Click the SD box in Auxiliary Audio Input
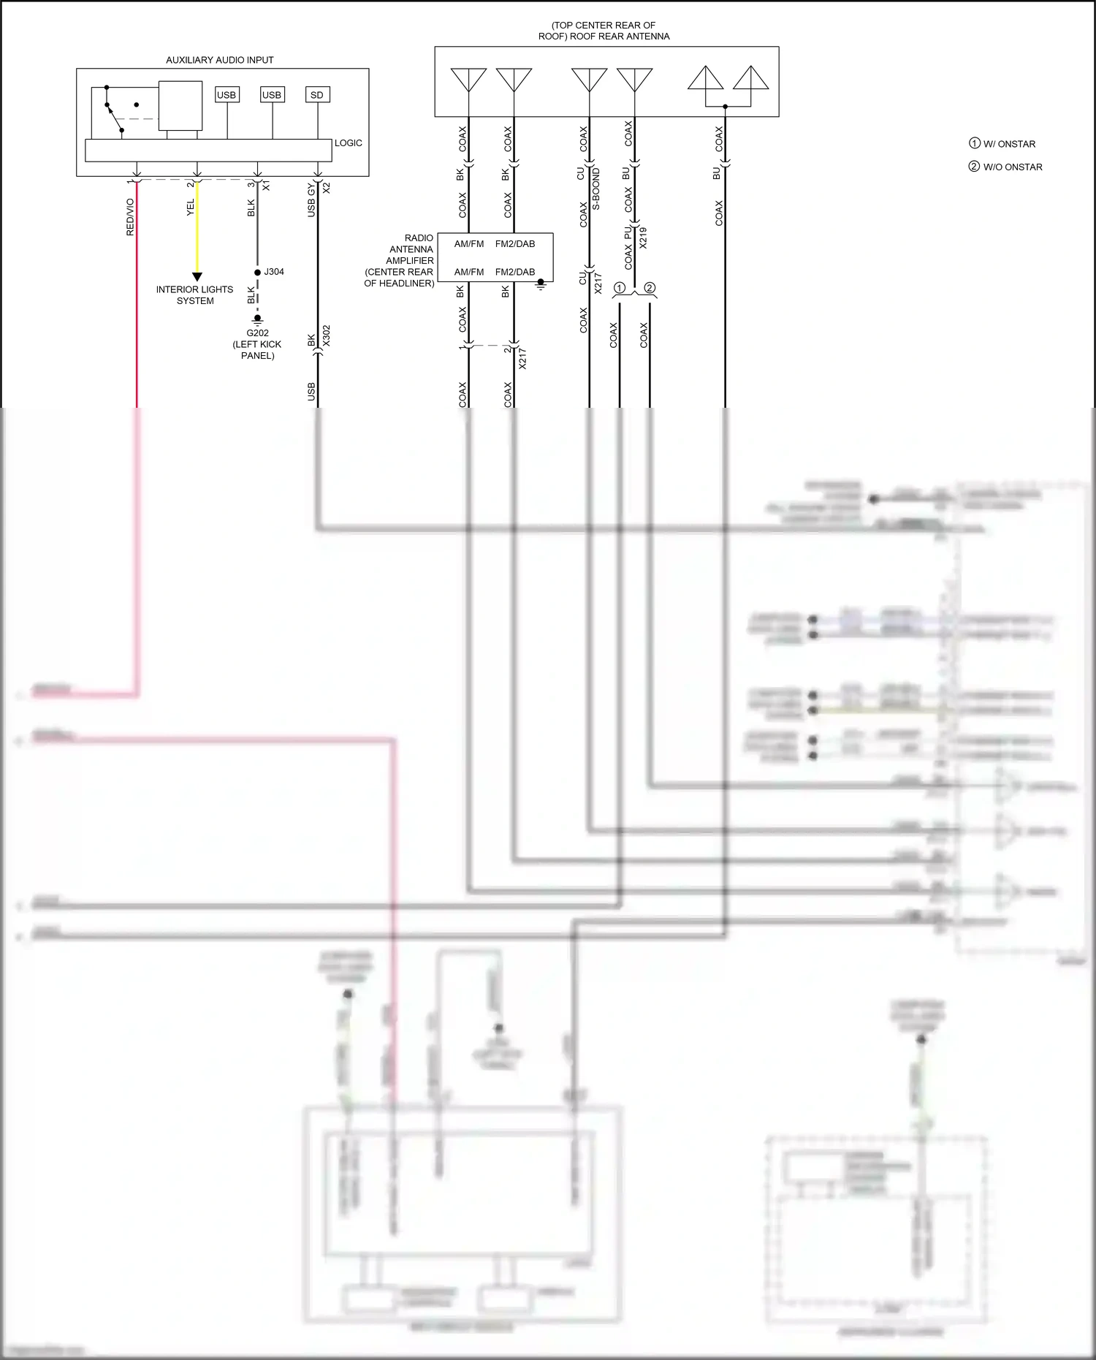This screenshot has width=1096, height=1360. (x=317, y=95)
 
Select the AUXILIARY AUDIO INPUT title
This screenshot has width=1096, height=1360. (x=219, y=60)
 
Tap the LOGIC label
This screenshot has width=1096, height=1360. (x=348, y=143)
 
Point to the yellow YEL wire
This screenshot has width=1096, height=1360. (x=197, y=234)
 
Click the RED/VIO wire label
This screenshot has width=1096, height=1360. (x=131, y=216)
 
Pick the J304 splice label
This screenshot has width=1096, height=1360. (x=274, y=272)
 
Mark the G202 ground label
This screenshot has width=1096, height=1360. (x=257, y=333)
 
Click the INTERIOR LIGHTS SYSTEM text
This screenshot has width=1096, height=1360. (x=194, y=295)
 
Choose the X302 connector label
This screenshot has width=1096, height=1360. (x=327, y=336)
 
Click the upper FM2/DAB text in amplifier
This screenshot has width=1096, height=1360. (x=515, y=244)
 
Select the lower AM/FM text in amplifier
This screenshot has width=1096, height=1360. (x=469, y=272)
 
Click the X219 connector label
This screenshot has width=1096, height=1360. (x=643, y=238)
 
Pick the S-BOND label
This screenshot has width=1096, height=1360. (x=596, y=189)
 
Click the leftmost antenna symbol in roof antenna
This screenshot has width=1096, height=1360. (x=468, y=80)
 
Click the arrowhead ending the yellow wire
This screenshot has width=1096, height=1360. (x=197, y=277)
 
